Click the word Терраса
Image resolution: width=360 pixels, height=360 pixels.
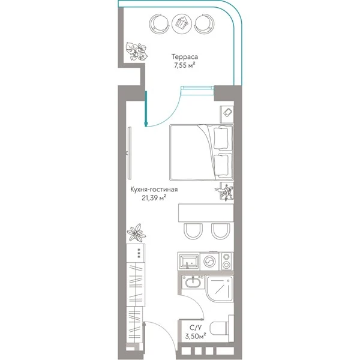click(185, 57)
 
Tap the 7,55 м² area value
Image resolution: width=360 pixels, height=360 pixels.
click(185, 65)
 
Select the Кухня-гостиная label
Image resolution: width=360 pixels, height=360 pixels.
click(154, 190)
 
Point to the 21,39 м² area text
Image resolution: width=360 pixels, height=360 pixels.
click(154, 197)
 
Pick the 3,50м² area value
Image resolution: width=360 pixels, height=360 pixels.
click(196, 337)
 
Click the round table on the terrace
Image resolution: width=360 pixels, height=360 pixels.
click(182, 23)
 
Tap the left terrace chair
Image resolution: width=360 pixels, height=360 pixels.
click(158, 23)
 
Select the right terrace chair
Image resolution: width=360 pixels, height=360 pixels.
click(205, 23)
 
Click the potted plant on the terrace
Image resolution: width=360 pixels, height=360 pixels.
click(137, 51)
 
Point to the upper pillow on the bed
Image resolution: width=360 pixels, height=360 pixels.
click(221, 138)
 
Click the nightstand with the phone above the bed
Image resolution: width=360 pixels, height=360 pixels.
click(227, 115)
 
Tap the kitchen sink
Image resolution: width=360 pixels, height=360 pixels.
click(189, 261)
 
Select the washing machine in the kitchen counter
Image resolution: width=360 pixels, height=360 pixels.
click(209, 261)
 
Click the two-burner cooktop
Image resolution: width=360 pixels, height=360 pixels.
click(227, 261)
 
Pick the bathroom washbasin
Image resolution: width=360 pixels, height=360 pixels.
click(193, 283)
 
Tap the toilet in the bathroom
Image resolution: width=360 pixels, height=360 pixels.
click(221, 328)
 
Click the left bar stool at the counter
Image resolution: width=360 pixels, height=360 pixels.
click(193, 232)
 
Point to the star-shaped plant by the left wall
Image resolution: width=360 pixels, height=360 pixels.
click(136, 233)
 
